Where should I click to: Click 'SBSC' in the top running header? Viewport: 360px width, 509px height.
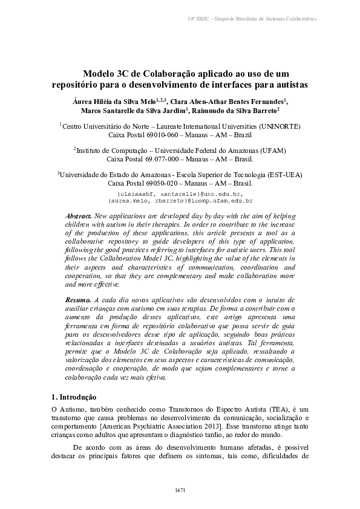pos(202,19)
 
